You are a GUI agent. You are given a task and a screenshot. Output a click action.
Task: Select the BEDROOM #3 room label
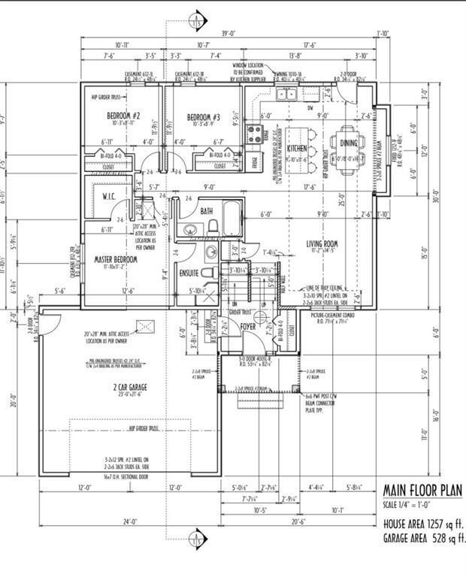[x=203, y=117]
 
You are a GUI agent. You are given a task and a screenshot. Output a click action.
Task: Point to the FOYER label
[x=249, y=327]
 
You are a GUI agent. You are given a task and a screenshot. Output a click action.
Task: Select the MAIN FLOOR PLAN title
[x=423, y=491]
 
